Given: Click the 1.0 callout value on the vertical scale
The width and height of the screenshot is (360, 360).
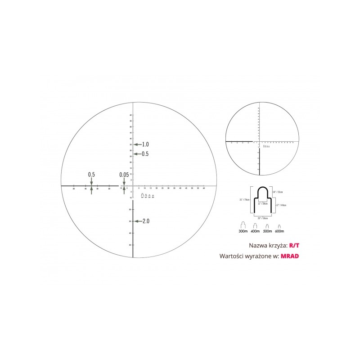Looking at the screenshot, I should [x=145, y=144].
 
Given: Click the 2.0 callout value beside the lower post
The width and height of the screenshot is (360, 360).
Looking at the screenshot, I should [x=145, y=221].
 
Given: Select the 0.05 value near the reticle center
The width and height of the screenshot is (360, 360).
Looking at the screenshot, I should [x=124, y=175].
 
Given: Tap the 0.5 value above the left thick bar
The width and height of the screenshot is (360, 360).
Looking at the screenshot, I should [x=91, y=174].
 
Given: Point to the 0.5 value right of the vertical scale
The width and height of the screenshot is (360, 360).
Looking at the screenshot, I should [x=145, y=154].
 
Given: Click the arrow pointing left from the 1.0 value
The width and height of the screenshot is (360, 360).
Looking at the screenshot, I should [x=138, y=144].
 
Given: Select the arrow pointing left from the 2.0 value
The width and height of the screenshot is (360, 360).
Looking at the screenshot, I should [x=138, y=221].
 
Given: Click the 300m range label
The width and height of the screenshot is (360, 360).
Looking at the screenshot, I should [x=243, y=231].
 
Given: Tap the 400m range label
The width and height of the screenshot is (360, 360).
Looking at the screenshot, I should [x=255, y=231].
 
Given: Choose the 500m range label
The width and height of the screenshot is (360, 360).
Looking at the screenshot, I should [x=267, y=231].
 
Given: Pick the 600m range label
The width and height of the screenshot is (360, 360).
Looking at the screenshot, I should [x=279, y=231].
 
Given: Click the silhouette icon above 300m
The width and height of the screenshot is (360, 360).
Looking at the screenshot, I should [x=243, y=225].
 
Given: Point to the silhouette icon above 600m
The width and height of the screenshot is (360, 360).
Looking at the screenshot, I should [x=279, y=225].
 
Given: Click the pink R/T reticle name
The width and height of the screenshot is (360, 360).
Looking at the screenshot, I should [x=293, y=246].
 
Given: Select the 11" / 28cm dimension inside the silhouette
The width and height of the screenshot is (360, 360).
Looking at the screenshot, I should [x=263, y=203].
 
